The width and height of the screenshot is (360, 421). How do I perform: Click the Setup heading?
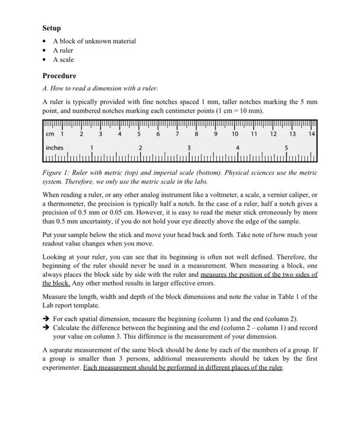click(x=51, y=28)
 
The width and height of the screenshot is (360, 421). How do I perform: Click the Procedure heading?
click(x=59, y=76)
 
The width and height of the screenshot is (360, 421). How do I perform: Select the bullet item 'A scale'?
click(x=63, y=60)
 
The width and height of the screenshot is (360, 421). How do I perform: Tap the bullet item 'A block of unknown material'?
click(x=94, y=41)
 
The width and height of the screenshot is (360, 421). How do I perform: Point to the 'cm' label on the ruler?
click(x=50, y=134)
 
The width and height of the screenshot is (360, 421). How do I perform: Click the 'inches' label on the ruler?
click(x=54, y=148)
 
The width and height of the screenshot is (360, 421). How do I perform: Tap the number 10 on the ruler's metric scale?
click(x=235, y=134)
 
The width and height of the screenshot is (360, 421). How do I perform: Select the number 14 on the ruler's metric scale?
click(x=311, y=134)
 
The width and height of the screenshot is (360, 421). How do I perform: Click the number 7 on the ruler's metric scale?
click(x=178, y=134)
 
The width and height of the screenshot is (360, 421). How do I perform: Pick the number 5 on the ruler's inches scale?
click(x=287, y=147)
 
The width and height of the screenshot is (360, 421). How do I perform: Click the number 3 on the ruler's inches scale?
click(x=189, y=147)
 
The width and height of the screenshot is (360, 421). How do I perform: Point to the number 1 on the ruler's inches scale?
click(x=92, y=147)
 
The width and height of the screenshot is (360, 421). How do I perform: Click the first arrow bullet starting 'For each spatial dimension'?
click(x=46, y=319)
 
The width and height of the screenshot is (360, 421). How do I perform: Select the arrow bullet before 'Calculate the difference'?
click(x=46, y=328)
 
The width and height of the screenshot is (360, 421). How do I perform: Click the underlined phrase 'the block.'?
click(x=57, y=283)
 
